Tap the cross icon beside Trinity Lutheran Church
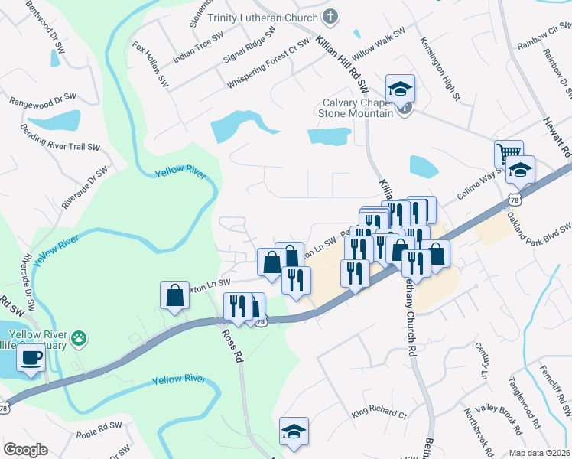pyautogui.click(x=330, y=15)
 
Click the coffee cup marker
pyautogui.click(x=31, y=358)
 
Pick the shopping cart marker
pyautogui.click(x=508, y=154)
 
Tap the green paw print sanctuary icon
pyautogui.click(x=79, y=337)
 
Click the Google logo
pyautogui.click(x=25, y=450)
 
